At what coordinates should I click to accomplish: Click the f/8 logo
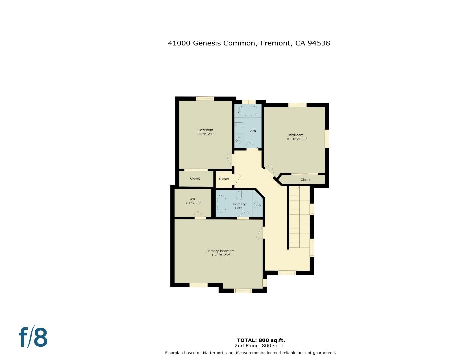[33, 337]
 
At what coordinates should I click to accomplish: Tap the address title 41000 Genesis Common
[249, 43]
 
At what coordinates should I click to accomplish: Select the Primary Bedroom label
[220, 251]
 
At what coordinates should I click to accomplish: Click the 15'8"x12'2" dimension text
[221, 255]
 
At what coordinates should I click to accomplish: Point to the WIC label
[193, 199]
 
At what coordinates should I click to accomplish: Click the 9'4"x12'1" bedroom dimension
[206, 134]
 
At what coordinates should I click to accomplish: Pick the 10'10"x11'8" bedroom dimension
[296, 139]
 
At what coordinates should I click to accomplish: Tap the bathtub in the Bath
[247, 110]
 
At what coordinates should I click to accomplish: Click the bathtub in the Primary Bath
[221, 204]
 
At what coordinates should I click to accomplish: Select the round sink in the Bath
[239, 140]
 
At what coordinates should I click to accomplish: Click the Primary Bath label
[239, 206]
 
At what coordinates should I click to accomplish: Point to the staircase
[299, 217]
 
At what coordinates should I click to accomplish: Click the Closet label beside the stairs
[305, 180]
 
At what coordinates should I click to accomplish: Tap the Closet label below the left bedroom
[195, 178]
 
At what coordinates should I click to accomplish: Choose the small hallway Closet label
[224, 179]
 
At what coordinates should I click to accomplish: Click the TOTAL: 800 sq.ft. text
[261, 340]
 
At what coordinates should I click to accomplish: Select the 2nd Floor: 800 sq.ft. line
[260, 346]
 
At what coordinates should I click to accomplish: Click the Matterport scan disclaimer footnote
[250, 353]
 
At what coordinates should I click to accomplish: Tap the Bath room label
[252, 131]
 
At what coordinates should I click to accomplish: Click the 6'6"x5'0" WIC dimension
[193, 203]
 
